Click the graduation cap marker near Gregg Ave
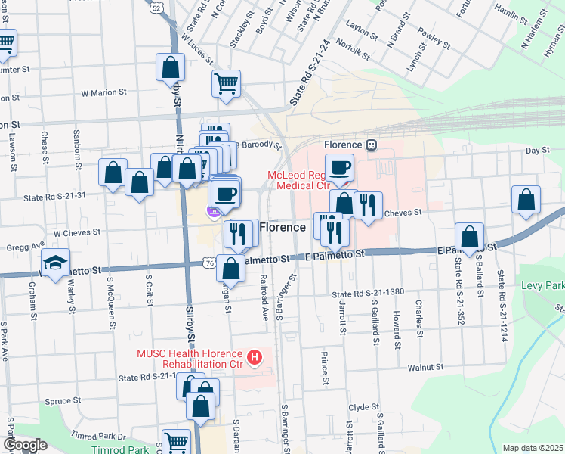[54, 263]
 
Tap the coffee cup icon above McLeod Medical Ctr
[339, 168]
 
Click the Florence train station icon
[371, 144]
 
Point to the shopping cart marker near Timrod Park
[176, 442]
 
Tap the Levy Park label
[542, 287]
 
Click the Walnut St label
[425, 367]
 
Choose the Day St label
[537, 150]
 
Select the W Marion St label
[103, 92]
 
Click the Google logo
[25, 445]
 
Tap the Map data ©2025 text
[533, 448]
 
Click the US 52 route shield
[156, 7]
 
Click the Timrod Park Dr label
[99, 436]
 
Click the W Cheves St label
[76, 232]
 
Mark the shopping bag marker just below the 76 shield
[232, 269]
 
